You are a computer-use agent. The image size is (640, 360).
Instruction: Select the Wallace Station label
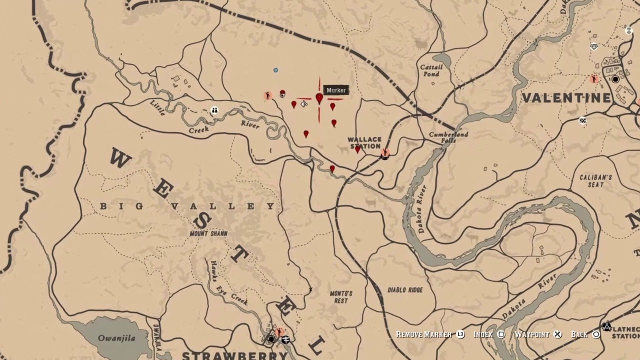(364, 143)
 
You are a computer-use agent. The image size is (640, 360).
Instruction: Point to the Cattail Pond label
(430, 70)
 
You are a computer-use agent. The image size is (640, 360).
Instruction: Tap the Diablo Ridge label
(405, 290)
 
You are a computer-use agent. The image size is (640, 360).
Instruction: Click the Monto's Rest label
(341, 297)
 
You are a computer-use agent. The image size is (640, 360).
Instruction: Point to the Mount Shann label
(208, 233)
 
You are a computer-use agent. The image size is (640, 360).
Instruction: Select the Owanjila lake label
(116, 338)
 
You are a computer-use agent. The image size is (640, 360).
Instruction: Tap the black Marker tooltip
(336, 90)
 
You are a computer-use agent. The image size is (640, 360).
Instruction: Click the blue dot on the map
(275, 70)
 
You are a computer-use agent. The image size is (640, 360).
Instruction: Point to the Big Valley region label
(187, 206)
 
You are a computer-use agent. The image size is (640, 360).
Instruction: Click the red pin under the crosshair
(319, 98)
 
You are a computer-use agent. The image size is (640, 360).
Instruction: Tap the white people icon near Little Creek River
(214, 110)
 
